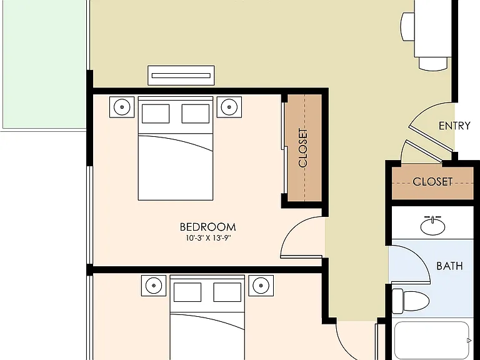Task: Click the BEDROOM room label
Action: (207, 227)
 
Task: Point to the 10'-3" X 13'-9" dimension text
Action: (208, 238)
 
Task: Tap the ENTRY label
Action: (454, 126)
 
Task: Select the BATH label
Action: (449, 266)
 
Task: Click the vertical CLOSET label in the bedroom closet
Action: (302, 148)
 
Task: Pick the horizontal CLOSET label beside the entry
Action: (432, 182)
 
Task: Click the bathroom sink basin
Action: (432, 226)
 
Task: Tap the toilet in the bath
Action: (411, 301)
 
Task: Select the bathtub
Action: (432, 341)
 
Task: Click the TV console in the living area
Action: (181, 75)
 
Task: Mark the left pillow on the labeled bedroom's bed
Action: (156, 114)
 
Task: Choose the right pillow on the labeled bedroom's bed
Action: (195, 114)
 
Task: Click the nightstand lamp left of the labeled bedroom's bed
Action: (122, 107)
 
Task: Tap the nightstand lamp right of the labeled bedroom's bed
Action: (229, 107)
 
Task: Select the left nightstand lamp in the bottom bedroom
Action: (154, 286)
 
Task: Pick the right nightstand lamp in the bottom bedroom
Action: (261, 286)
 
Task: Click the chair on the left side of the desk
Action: (407, 27)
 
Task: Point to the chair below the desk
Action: (433, 64)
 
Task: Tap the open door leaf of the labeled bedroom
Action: (301, 256)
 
